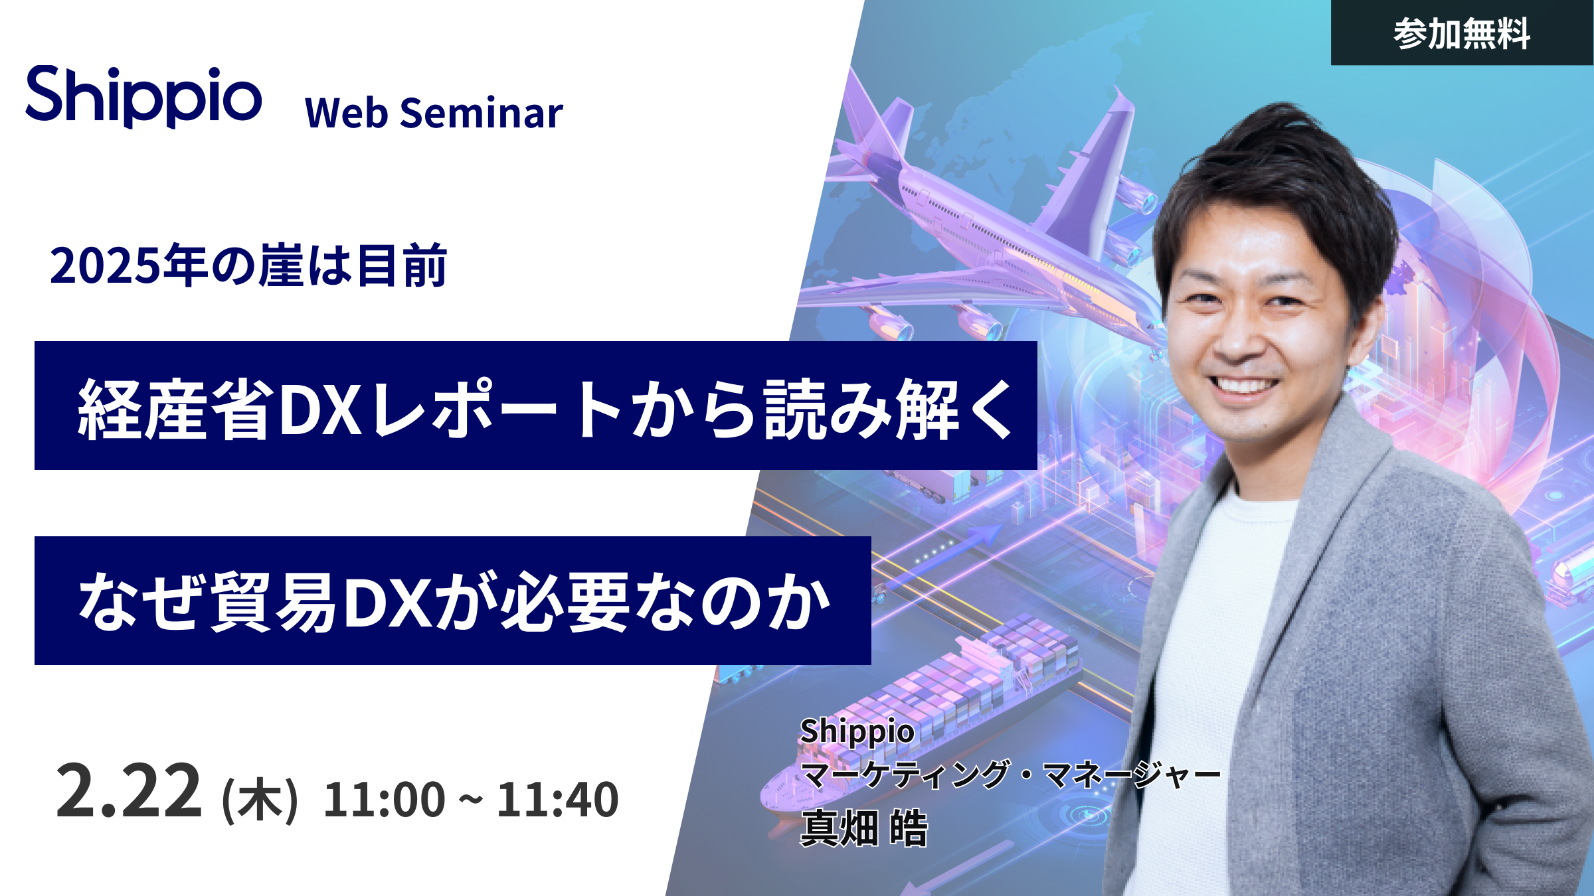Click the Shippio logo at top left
tap(143, 97)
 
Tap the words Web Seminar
tap(434, 113)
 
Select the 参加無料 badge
tap(1462, 33)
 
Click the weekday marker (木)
tap(260, 800)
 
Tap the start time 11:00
tap(384, 799)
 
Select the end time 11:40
tap(558, 799)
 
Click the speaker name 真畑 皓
tap(863, 828)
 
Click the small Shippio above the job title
tap(857, 732)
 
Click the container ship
tap(923, 717)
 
